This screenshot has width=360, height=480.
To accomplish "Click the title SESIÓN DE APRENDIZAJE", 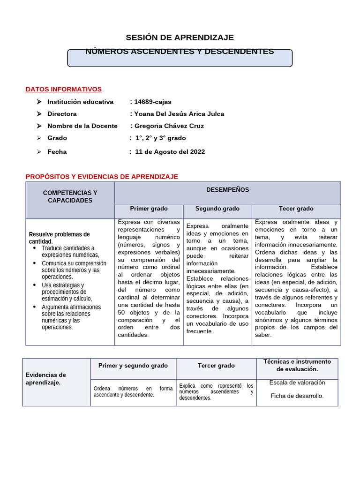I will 180,37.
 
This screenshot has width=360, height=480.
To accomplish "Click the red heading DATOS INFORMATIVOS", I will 63,89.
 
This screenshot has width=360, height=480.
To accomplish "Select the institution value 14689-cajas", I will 153,102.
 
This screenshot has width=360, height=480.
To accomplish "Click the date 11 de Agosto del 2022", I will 170,152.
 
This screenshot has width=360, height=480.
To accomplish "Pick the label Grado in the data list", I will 57,138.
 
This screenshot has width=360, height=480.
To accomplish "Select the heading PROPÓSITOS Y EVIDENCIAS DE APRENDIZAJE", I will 102,176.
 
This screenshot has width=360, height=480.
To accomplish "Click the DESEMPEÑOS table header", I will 227,190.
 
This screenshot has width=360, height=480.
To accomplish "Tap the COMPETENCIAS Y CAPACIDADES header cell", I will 70,196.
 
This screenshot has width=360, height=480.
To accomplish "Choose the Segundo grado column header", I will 217,209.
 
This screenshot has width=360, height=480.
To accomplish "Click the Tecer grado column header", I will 296,209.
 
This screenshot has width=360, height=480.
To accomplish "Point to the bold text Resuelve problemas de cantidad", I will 59,238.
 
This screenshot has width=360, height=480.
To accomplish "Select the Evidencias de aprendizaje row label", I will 45,379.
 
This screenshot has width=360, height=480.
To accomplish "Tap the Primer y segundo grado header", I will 133,366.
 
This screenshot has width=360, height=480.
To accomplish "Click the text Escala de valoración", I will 297,382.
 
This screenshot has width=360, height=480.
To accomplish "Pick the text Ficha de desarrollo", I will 297,396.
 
